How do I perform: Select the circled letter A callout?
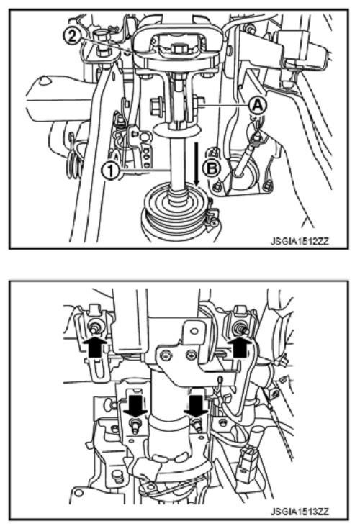tap(257, 106)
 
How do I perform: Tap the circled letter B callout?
tap(212, 168)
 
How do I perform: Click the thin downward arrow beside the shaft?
tap(197, 164)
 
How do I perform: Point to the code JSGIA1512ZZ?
tap(300, 242)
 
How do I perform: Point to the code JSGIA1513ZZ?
tap(300, 512)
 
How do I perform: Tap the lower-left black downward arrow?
tap(135, 406)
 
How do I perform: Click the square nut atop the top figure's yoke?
tap(177, 49)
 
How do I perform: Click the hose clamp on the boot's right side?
tap(212, 214)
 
